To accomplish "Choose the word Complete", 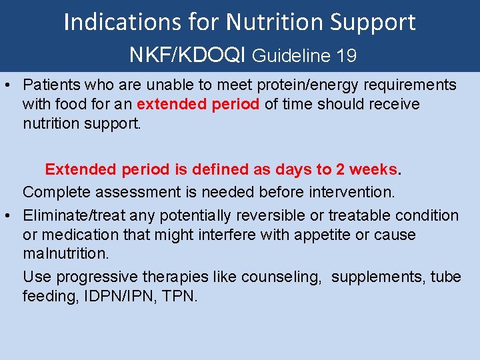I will coord(52,193).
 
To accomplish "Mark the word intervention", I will coord(351,193).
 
